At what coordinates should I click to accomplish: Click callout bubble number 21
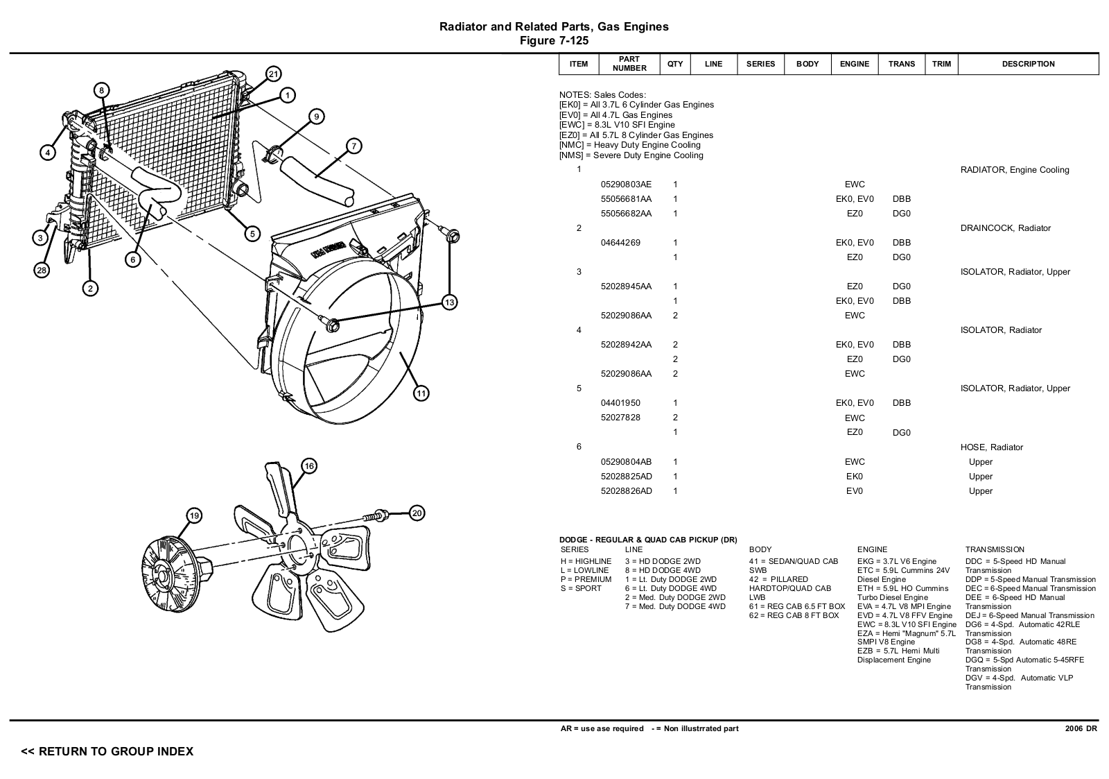273,74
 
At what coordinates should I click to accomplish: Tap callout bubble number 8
101,90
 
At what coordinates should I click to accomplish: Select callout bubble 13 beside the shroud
449,302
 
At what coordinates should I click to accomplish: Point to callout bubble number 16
309,466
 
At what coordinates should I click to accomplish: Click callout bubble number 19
194,515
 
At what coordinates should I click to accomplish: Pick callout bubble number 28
42,271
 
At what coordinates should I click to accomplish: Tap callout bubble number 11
421,393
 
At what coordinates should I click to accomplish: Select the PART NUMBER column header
629,64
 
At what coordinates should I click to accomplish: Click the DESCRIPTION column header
1028,64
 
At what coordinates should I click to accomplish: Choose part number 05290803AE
626,185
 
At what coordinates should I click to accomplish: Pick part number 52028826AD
626,491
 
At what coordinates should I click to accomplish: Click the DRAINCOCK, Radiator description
1005,228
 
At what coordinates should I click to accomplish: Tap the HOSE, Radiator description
991,447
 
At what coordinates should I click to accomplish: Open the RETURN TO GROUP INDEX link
107,751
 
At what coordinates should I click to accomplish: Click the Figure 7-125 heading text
554,41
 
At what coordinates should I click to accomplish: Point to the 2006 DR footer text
1081,728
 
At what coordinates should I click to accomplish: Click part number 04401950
620,403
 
